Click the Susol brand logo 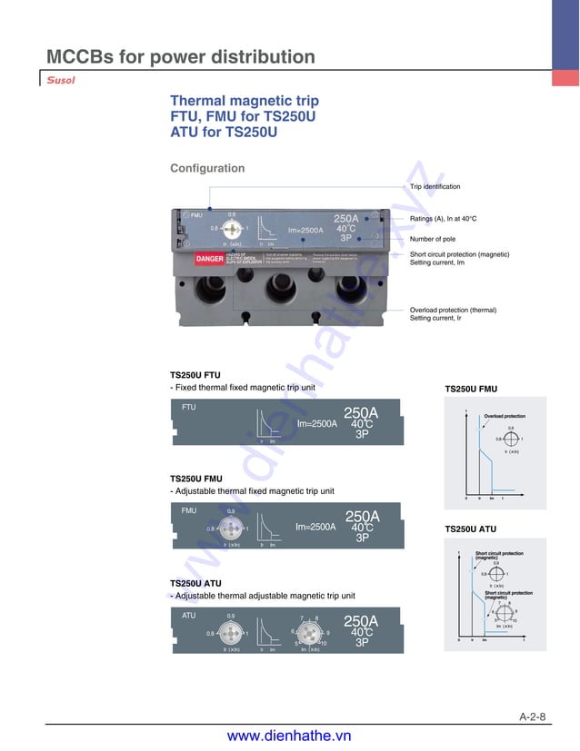click(61, 79)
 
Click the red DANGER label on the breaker click(209, 260)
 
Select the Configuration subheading click(207, 168)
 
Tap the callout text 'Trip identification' click(435, 187)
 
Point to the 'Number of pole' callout click(438, 239)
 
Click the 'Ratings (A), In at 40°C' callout click(443, 219)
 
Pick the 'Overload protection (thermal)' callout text click(453, 310)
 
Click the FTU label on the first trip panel click(189, 408)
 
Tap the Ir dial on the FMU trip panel click(231, 529)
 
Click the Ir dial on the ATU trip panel click(231, 632)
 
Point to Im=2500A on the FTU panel click(317, 423)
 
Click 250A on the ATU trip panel click(361, 621)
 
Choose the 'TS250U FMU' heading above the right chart click(471, 389)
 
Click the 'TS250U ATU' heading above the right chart click(470, 529)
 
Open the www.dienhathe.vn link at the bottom click(289, 736)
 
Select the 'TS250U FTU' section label click(195, 374)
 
